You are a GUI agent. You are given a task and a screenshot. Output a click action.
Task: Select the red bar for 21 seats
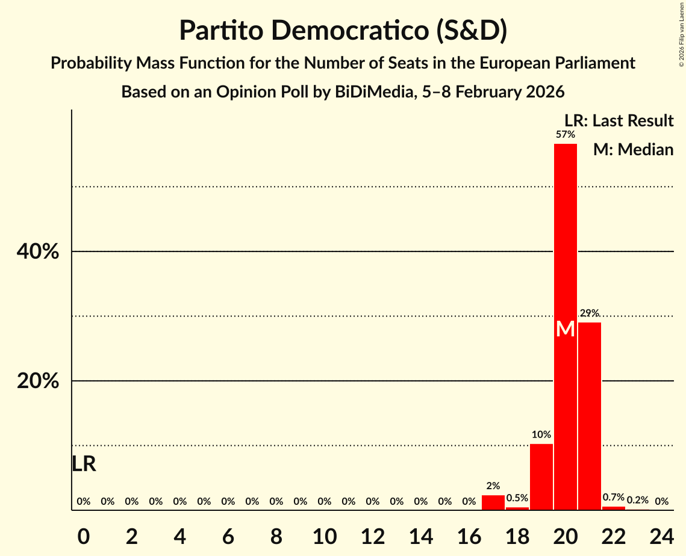pos(590,415)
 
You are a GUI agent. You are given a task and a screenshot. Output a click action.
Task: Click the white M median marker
pos(566,329)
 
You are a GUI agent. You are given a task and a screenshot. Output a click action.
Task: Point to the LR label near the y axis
pos(84,464)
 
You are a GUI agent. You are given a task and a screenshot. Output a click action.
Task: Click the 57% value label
pos(566,135)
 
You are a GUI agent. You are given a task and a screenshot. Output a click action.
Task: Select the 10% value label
pos(541,434)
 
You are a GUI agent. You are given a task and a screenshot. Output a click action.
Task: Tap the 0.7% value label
pos(614,498)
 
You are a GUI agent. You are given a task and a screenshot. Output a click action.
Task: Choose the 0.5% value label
pos(517,498)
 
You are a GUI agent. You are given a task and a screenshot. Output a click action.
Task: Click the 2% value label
pos(493,486)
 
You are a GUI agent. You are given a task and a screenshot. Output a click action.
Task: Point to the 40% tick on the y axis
pos(38,252)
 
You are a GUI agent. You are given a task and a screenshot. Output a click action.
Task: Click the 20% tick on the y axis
pos(38,381)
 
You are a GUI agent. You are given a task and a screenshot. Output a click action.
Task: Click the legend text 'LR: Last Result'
pos(619,121)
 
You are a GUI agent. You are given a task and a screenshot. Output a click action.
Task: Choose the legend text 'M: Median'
pos(633,150)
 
